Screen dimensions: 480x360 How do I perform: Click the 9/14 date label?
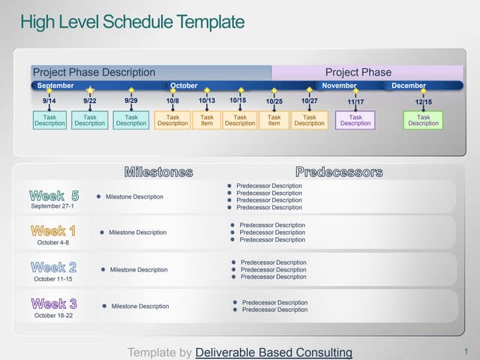click(49, 100)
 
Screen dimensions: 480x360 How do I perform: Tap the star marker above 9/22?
click(90, 90)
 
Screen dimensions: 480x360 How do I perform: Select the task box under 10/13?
click(207, 120)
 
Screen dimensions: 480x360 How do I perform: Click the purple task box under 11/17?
click(355, 120)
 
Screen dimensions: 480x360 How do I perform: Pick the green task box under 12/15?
click(423, 120)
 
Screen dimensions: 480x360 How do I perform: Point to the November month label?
click(339, 85)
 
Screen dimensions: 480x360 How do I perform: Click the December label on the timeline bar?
click(409, 85)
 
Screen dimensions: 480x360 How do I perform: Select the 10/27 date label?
click(309, 100)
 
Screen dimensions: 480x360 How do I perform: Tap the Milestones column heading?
click(158, 172)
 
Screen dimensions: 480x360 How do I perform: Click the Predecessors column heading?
click(339, 172)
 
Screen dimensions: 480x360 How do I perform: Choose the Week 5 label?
click(54, 196)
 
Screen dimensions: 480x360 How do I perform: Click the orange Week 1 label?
click(53, 231)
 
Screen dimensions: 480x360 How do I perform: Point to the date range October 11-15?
click(53, 279)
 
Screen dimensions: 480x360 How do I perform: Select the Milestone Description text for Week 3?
click(140, 306)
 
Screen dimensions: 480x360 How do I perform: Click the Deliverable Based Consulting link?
click(274, 352)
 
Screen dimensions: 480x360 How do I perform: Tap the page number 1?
click(466, 351)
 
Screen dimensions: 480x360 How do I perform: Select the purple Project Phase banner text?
click(358, 72)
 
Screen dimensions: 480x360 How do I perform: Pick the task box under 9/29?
click(131, 120)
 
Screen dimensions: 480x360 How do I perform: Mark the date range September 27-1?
click(52, 206)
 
